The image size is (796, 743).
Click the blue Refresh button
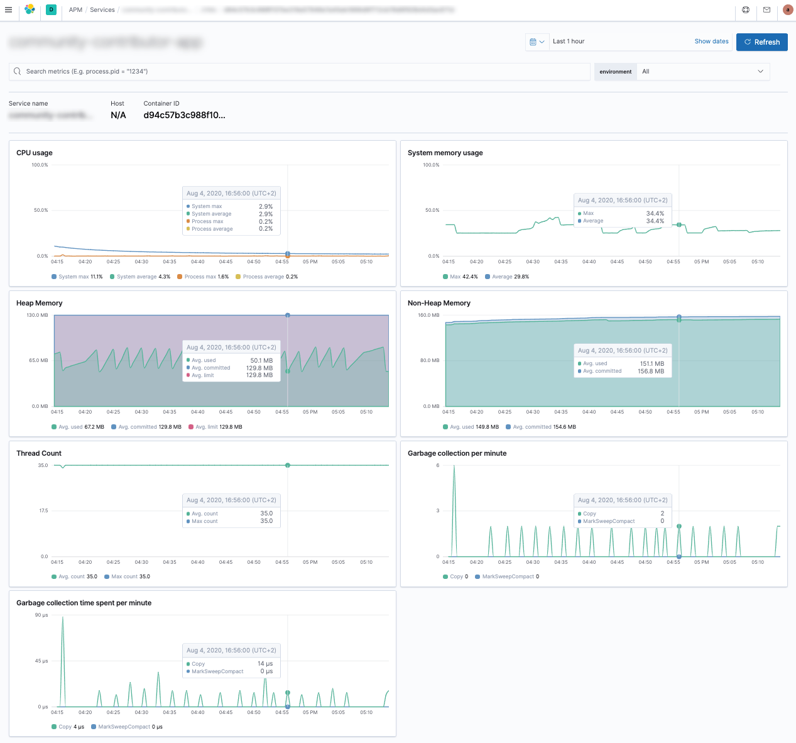click(x=761, y=42)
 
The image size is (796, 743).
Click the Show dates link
click(x=711, y=41)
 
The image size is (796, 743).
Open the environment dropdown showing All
click(x=702, y=72)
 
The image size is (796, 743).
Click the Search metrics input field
click(x=302, y=72)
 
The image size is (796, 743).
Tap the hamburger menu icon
click(x=9, y=10)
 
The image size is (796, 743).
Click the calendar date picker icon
click(x=537, y=42)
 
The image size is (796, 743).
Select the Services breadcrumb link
click(x=102, y=10)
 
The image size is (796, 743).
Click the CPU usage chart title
click(x=35, y=153)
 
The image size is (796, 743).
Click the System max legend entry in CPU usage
click(x=77, y=277)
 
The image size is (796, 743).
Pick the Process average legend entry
click(x=266, y=277)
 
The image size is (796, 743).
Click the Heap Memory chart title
click(x=40, y=303)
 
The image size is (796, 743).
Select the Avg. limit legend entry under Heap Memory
click(x=215, y=427)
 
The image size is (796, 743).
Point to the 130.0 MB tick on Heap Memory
click(x=37, y=315)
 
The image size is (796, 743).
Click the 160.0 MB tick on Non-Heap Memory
click(x=428, y=315)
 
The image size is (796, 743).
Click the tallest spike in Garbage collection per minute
click(x=454, y=468)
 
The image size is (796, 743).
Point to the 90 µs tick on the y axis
click(x=41, y=615)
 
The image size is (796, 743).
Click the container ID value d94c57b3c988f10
click(x=184, y=115)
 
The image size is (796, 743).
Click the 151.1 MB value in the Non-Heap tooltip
click(x=652, y=363)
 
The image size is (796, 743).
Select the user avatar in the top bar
click(x=787, y=10)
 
